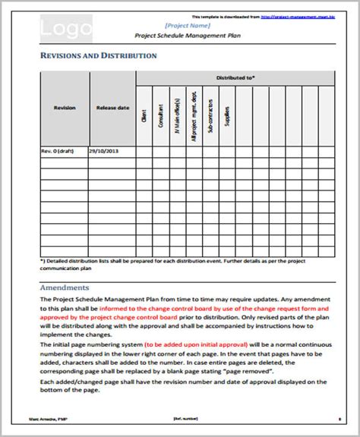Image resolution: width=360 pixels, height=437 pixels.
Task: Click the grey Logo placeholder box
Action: coord(66,30)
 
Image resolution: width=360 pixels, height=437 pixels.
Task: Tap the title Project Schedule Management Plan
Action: coord(187,36)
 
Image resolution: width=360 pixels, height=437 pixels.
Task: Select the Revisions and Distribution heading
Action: coord(98,56)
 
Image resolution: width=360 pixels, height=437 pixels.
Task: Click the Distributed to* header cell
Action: coord(235,77)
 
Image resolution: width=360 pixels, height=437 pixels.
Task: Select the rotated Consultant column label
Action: coord(161,114)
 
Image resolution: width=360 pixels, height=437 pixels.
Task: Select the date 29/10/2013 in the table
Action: coord(104,152)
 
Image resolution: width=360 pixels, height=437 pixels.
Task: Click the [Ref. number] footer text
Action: coord(180,417)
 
